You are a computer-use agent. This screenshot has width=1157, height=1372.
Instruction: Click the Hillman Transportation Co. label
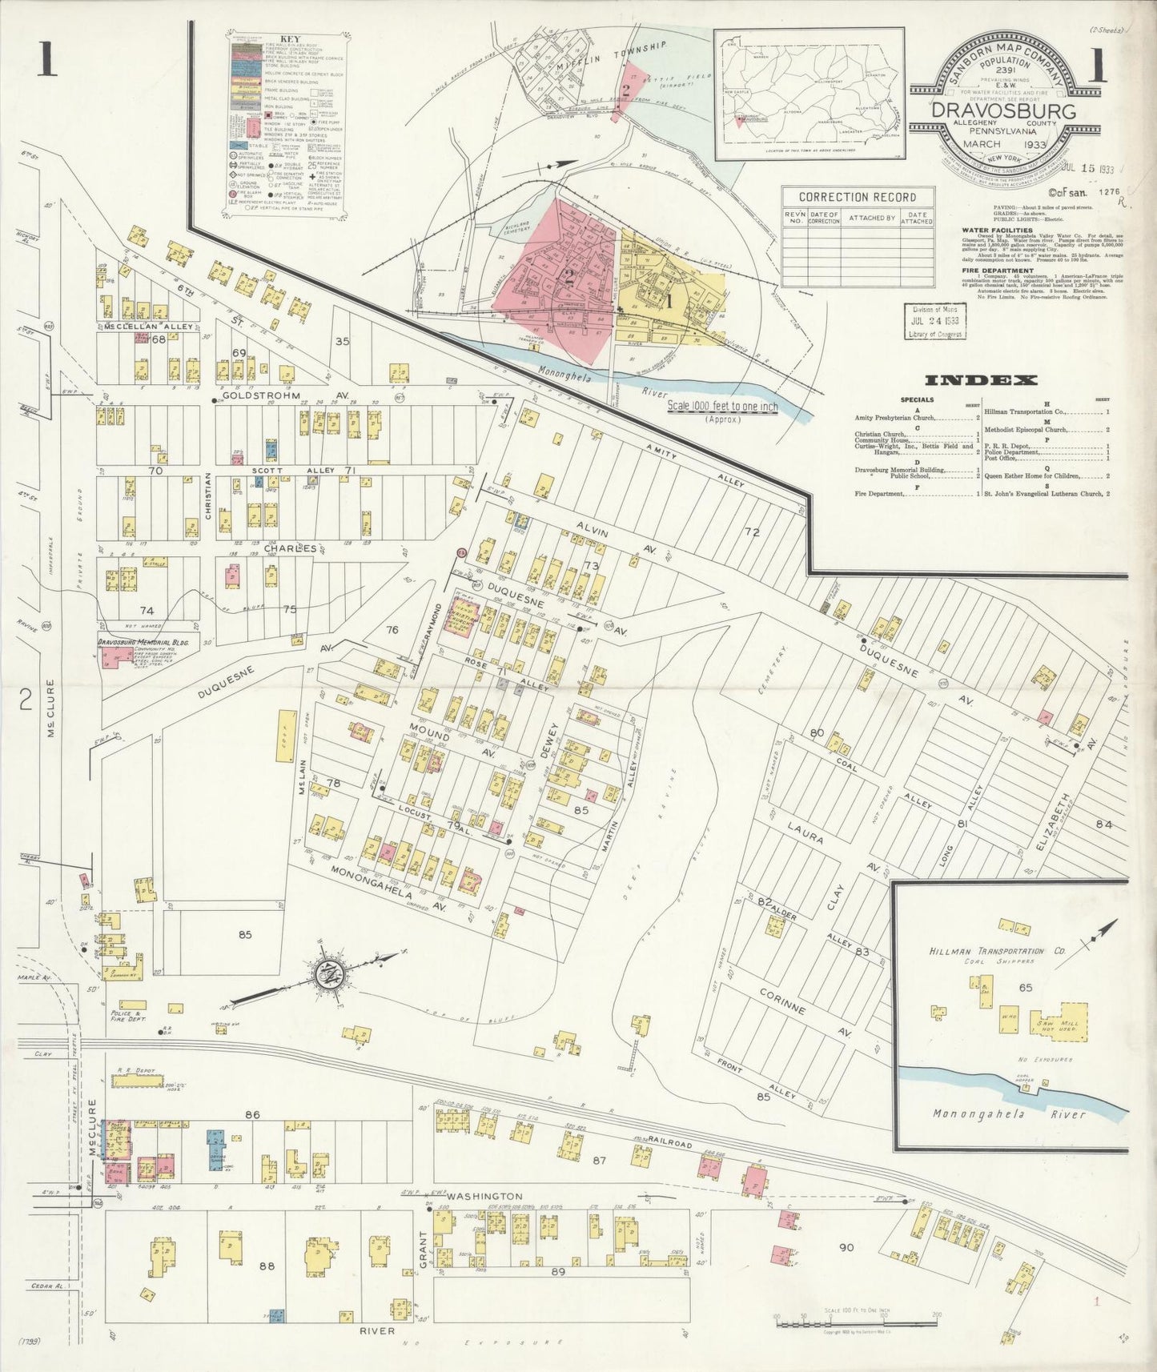coord(986,951)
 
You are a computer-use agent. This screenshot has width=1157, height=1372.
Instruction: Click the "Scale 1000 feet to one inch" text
coord(722,407)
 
